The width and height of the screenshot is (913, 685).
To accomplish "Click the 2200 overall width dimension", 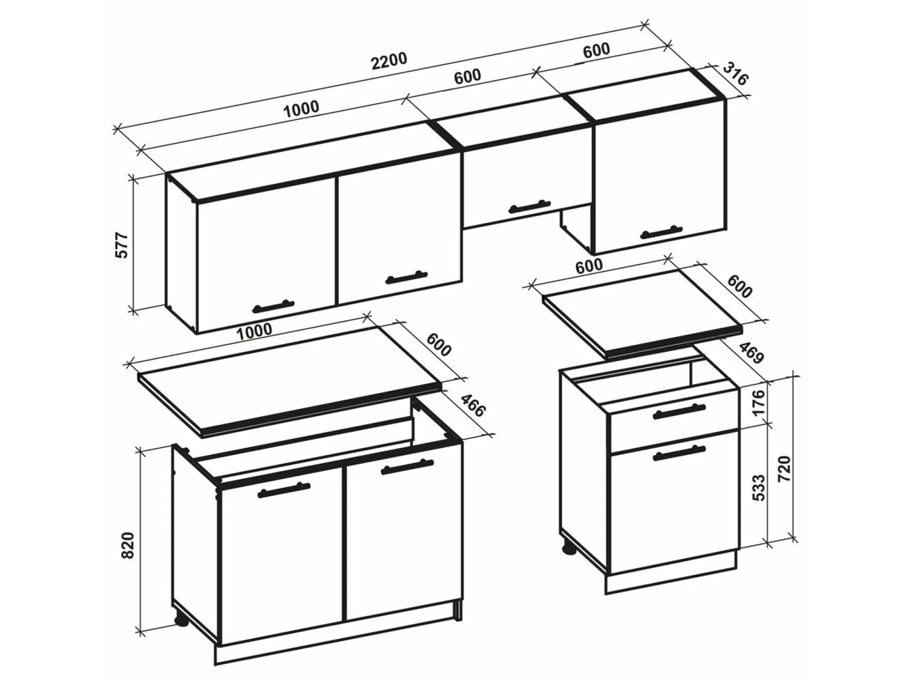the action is (389, 61).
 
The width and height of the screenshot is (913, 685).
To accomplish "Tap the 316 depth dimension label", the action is (735, 73).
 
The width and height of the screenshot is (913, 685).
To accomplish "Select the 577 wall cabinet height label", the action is (122, 245).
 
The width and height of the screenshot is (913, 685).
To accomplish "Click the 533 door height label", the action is (759, 487).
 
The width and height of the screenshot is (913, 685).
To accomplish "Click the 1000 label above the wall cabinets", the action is (301, 109).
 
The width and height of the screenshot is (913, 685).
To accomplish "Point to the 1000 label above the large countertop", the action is (254, 331).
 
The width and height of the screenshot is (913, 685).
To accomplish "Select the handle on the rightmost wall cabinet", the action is (661, 232).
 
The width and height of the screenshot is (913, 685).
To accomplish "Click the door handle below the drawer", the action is (680, 453).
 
